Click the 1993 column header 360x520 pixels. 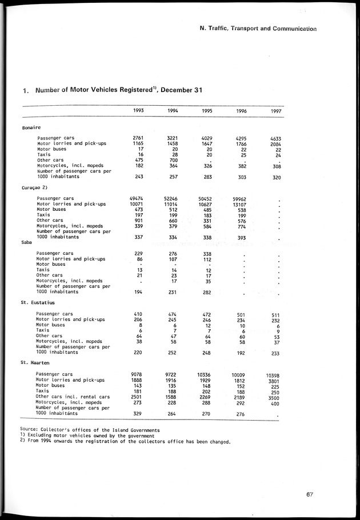click(x=138, y=110)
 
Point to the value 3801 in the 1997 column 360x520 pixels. click(x=274, y=380)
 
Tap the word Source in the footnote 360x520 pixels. click(x=28, y=429)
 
